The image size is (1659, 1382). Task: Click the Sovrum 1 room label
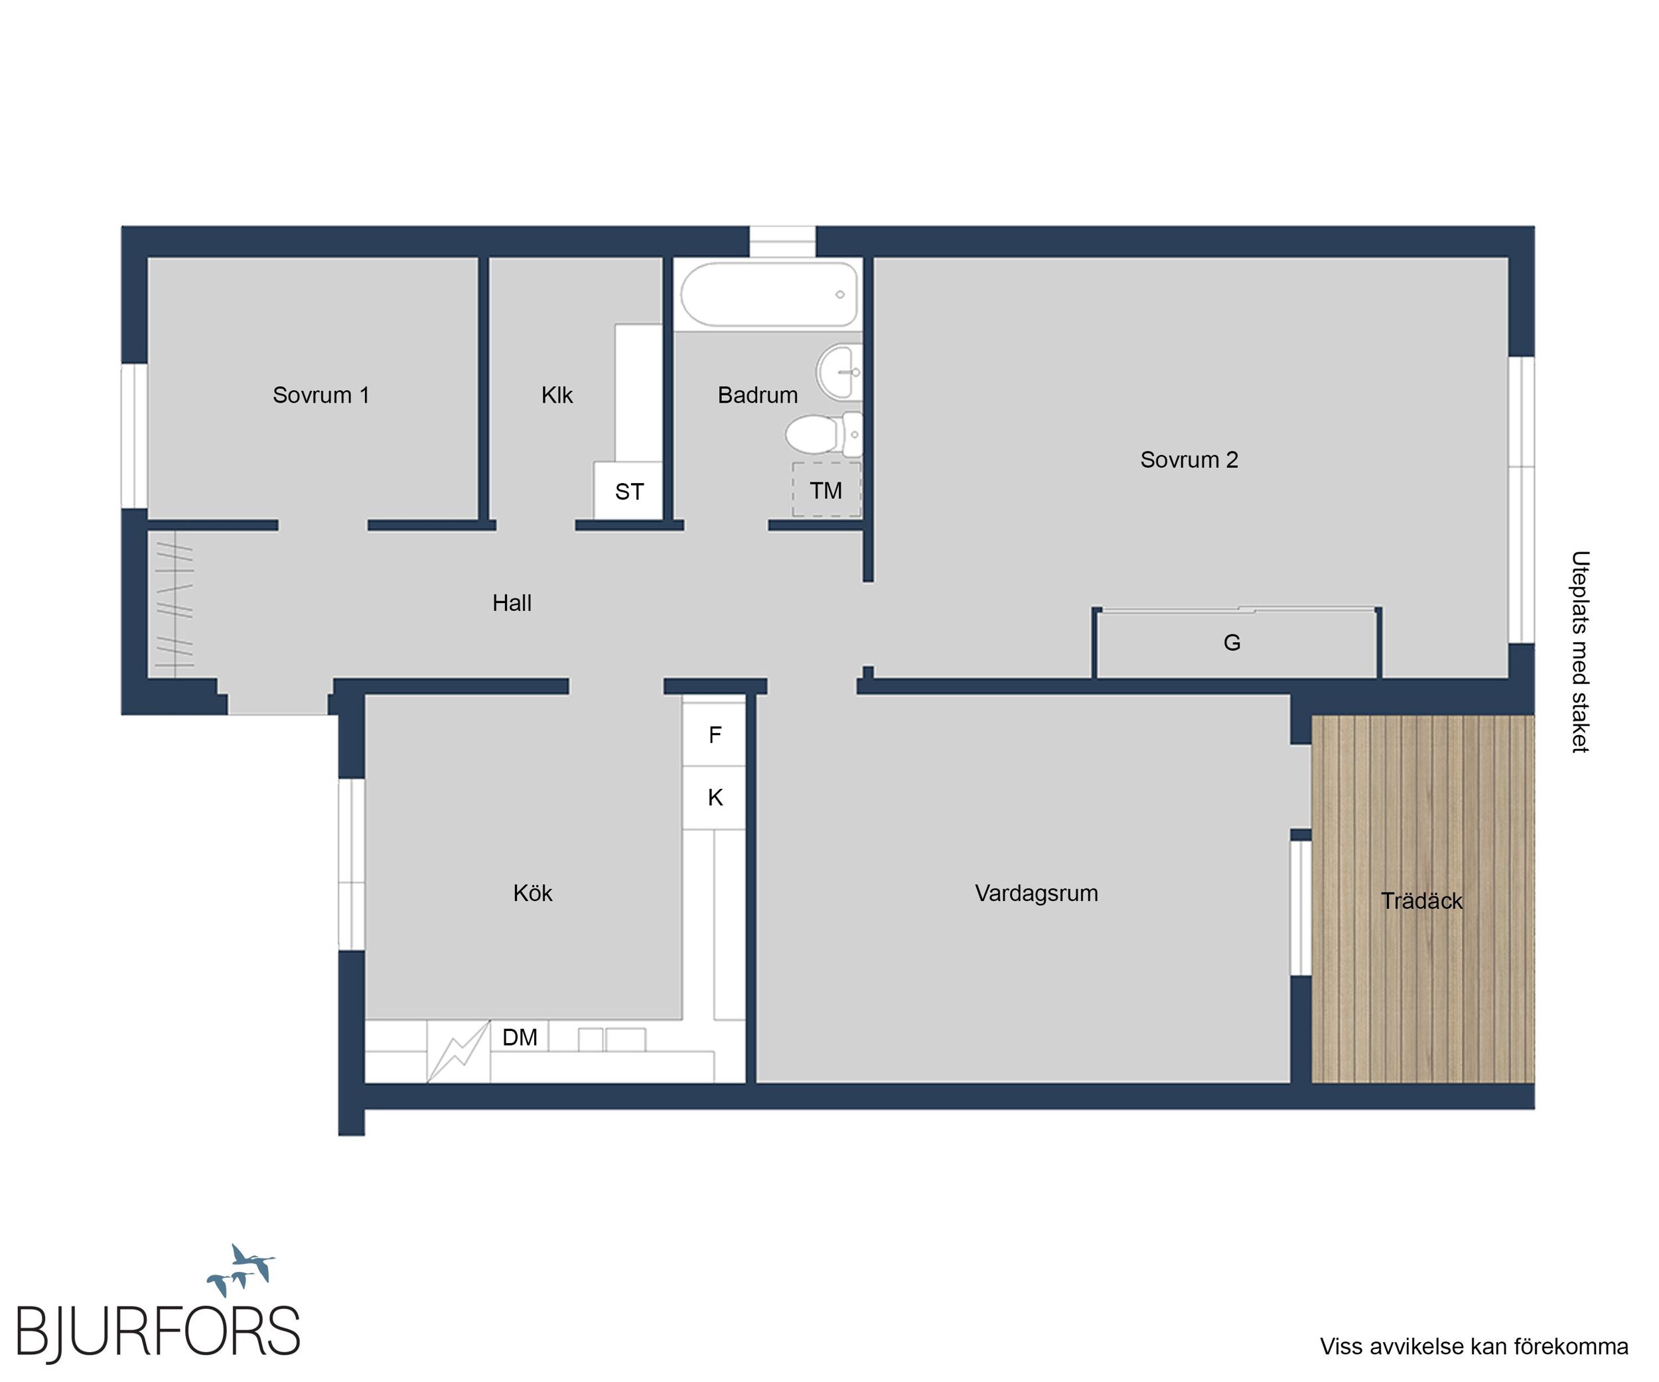pos(321,395)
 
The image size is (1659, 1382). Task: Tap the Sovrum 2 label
pos(1189,460)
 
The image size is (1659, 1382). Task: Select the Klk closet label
pos(557,395)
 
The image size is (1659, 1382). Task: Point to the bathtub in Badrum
pos(768,295)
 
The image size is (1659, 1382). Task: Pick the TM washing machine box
pos(826,490)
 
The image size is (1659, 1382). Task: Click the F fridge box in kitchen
pos(714,734)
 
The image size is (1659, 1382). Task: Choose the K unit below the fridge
pos(714,797)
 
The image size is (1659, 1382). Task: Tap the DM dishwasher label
pos(520,1037)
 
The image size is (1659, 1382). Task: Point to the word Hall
pos(512,602)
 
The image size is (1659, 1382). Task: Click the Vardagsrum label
pos(1037,893)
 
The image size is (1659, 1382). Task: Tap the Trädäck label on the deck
pos(1422,900)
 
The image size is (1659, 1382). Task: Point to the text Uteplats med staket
pos(1580,652)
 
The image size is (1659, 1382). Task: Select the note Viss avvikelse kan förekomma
pos(1474,1346)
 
